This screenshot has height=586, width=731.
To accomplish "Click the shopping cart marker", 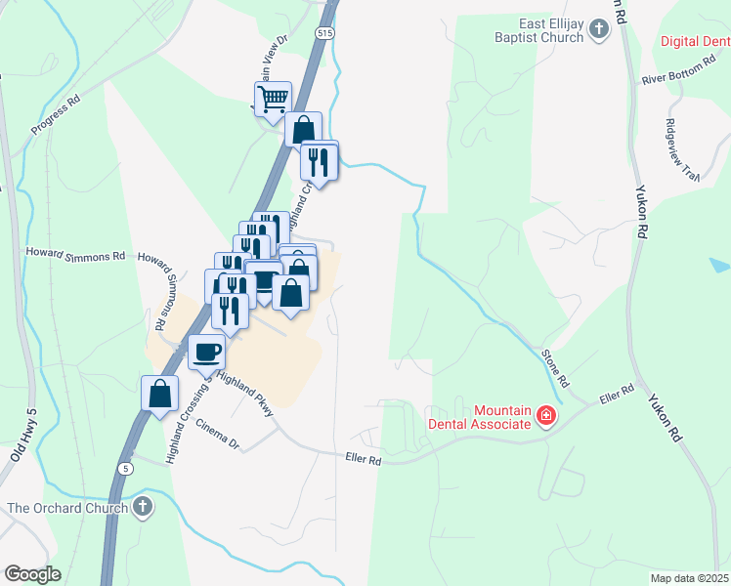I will coord(273,98).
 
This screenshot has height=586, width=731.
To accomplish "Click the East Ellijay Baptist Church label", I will coord(537,31).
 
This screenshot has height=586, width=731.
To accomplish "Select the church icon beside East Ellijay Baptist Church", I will coord(599,31).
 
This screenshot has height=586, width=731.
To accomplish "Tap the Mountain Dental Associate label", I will coord(479,418).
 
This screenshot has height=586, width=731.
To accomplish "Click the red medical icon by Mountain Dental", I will coord(545,418).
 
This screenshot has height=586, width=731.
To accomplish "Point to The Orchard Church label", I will coord(66,508).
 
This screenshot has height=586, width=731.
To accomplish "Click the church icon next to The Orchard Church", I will coord(143,507).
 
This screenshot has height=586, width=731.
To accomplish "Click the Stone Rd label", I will coord(555,367).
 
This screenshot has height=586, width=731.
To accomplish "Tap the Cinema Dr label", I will coord(217,435).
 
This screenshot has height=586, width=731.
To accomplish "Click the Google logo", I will coord(33,574).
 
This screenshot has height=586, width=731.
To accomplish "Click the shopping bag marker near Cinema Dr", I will coord(160,394).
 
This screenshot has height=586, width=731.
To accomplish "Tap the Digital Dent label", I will coord(695,41).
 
